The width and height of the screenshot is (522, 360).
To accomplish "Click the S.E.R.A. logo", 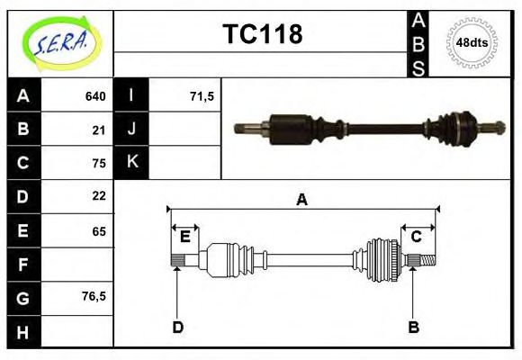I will (x=60, y=42).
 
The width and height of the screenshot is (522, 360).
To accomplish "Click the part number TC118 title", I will (x=262, y=34).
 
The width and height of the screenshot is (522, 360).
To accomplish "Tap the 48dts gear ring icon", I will (x=472, y=42).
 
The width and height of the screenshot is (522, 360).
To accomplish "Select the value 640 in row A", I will (x=95, y=96).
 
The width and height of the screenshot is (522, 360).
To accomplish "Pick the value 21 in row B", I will (x=99, y=130).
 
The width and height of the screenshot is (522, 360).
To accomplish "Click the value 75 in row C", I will (x=99, y=163).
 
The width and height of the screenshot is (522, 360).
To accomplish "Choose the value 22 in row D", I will (x=99, y=196).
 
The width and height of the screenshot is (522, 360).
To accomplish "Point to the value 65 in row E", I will (x=99, y=231).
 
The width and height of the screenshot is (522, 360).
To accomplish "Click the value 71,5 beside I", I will (x=202, y=96).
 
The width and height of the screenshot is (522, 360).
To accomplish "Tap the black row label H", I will (x=22, y=331).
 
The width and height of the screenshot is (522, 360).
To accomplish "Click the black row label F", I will (x=22, y=265).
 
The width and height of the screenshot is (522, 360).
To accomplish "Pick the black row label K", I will (x=131, y=163).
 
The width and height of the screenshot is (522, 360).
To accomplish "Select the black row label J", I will (x=131, y=130).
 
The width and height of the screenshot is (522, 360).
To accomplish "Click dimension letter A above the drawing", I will (x=302, y=200).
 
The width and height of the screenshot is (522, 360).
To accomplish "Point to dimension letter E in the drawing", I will (x=184, y=237).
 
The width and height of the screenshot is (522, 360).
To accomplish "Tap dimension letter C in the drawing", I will (x=417, y=237).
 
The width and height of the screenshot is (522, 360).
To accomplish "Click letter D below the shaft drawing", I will (x=177, y=328).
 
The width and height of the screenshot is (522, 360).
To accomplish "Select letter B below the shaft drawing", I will (x=414, y=328).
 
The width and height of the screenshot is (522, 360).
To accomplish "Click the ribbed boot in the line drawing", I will (x=382, y=260).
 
